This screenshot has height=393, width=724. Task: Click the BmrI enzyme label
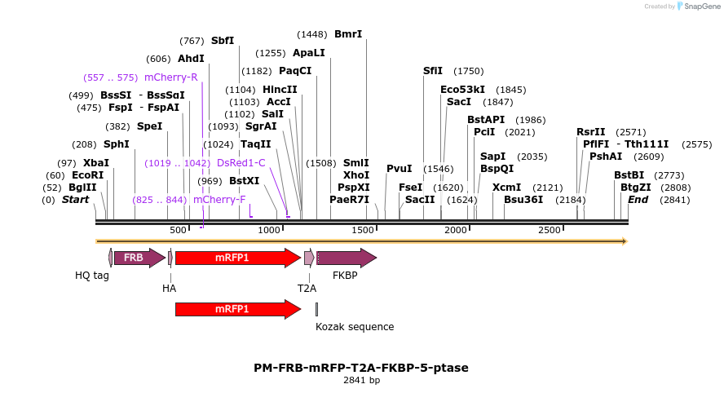point(348,34)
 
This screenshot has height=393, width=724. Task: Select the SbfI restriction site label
point(223,40)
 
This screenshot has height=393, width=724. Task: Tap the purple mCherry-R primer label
point(171,77)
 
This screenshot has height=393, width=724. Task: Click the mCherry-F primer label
point(219,199)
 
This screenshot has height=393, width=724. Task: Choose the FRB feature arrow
point(134,258)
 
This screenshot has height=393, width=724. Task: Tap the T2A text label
point(307,288)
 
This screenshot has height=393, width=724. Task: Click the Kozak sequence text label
point(355,327)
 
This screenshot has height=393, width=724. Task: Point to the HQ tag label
point(92,276)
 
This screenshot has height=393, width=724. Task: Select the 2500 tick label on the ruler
point(550,231)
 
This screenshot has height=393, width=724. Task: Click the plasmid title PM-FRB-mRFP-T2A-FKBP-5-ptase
point(361,368)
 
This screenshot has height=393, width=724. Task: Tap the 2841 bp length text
point(361,380)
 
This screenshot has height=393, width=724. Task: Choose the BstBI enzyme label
point(629,175)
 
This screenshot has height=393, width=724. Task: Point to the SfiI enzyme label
point(433,71)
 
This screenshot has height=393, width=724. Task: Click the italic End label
point(638,199)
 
